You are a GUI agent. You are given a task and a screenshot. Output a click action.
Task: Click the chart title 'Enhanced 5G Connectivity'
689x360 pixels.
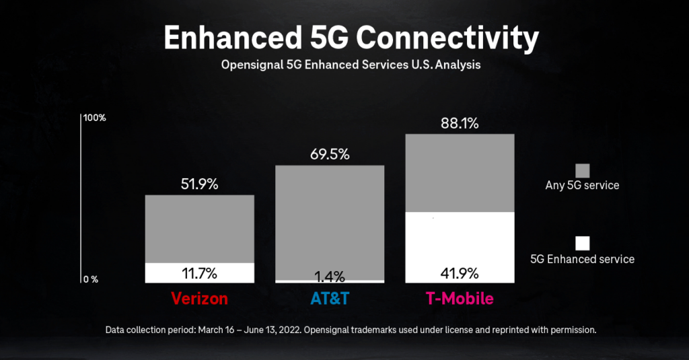coord(351,39)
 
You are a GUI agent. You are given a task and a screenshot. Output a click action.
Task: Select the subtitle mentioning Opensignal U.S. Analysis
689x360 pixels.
coord(351,66)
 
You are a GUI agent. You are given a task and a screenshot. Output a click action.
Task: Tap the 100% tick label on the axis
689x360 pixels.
coord(94,118)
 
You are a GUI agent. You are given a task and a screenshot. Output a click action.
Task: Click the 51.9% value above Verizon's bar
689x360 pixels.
coord(199,184)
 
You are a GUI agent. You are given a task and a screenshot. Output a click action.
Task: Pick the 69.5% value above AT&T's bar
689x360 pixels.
coord(330,154)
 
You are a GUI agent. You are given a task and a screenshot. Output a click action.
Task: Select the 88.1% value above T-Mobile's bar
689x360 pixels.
coord(460,123)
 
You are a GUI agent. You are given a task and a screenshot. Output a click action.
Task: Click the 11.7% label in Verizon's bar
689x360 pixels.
coord(199,273)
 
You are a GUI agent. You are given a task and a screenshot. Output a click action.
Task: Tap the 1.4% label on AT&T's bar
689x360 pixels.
coord(330,276)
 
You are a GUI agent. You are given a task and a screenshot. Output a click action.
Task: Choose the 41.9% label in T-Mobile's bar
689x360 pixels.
coord(460,273)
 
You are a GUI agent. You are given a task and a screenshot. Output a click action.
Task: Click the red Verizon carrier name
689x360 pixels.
coord(199,298)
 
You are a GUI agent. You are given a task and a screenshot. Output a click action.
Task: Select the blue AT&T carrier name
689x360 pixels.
coord(330,298)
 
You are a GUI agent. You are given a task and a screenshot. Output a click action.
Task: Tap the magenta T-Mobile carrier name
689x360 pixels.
coord(460,298)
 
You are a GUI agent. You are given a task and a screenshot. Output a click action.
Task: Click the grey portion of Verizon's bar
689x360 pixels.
coord(199,229)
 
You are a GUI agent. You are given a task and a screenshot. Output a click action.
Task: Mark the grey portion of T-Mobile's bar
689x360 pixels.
coord(460,173)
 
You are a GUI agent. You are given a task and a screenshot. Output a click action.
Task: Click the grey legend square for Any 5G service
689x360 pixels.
coord(582,170)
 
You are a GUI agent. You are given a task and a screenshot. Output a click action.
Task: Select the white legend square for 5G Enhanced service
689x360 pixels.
coord(582,243)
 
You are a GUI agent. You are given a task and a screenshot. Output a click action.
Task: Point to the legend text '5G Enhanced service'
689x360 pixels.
coord(582,259)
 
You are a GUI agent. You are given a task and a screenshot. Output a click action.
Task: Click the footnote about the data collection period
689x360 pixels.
coord(351,330)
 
